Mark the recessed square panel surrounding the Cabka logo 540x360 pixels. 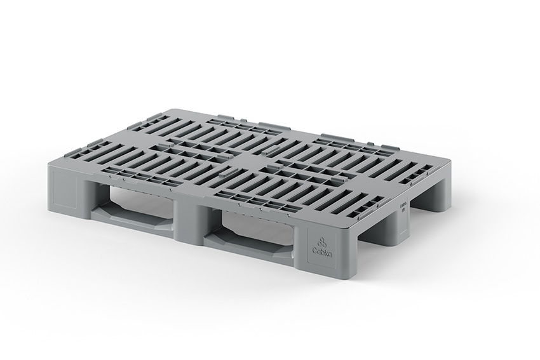(323, 244)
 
